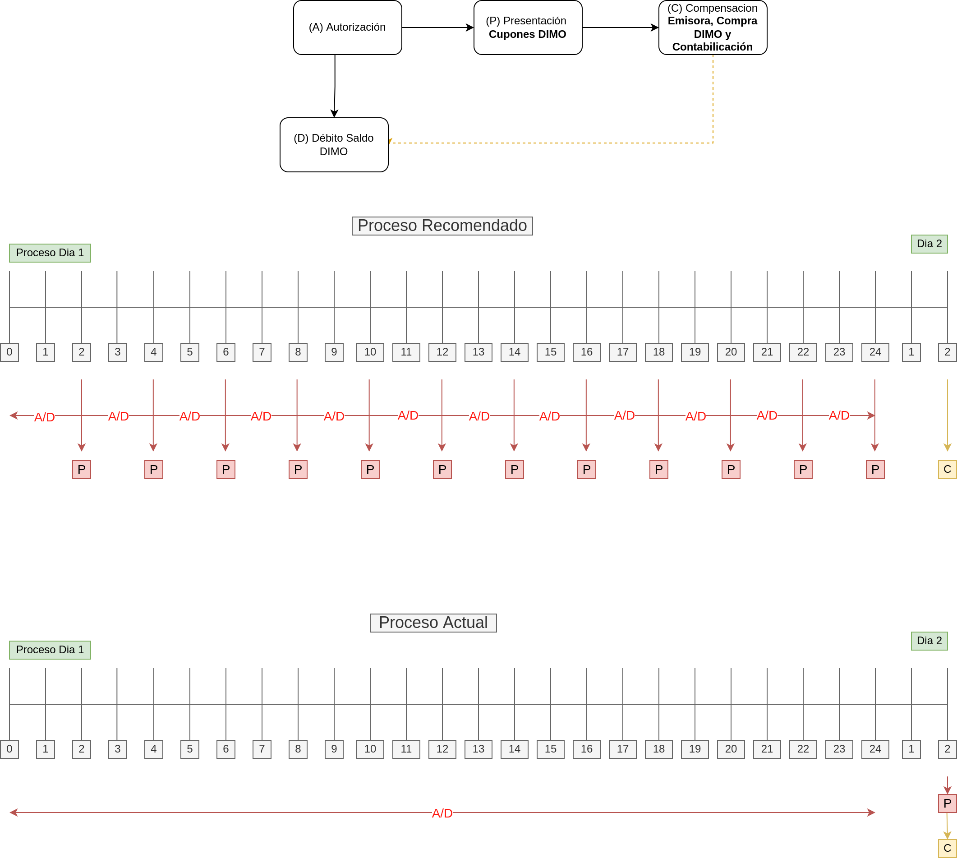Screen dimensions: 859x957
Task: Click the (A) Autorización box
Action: tap(347, 28)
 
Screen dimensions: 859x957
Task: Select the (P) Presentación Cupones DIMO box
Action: tap(528, 28)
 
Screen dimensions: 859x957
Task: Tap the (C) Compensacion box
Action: tap(713, 28)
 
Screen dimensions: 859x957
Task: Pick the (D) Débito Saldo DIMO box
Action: tap(334, 145)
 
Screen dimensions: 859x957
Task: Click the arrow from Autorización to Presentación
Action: tap(437, 28)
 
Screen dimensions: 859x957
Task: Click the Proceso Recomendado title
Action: tap(442, 226)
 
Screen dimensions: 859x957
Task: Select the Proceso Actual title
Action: tap(433, 623)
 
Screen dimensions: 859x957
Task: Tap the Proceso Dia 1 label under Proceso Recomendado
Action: tap(50, 253)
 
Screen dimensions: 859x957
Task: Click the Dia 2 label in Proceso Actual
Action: tap(929, 641)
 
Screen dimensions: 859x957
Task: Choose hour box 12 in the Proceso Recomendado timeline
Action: tap(442, 352)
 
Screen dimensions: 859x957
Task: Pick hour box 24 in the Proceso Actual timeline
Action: tap(875, 749)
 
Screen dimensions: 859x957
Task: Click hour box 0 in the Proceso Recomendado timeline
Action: tap(9, 352)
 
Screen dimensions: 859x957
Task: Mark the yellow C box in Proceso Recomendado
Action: tap(947, 470)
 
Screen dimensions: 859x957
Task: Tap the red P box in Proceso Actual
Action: tap(947, 804)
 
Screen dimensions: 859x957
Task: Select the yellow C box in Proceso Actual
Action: tap(947, 848)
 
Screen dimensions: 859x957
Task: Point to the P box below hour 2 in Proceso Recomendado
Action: tap(82, 470)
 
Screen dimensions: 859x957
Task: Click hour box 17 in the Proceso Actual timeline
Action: tap(622, 749)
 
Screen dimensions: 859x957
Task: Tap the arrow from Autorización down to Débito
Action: tap(335, 85)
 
